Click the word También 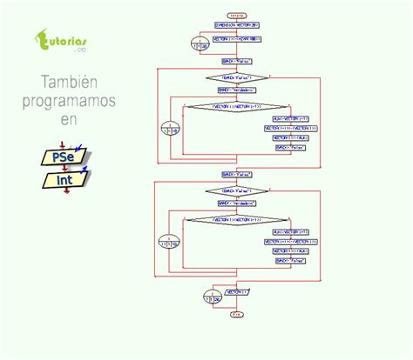68,83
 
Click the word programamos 68,102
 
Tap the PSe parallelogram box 64,157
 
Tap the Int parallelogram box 65,180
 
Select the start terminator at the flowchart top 236,16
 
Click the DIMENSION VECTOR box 235,26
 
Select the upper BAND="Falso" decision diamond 236,77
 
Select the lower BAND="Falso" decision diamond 236,190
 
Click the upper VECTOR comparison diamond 236,106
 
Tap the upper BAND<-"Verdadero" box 236,90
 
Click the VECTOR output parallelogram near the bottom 236,292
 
